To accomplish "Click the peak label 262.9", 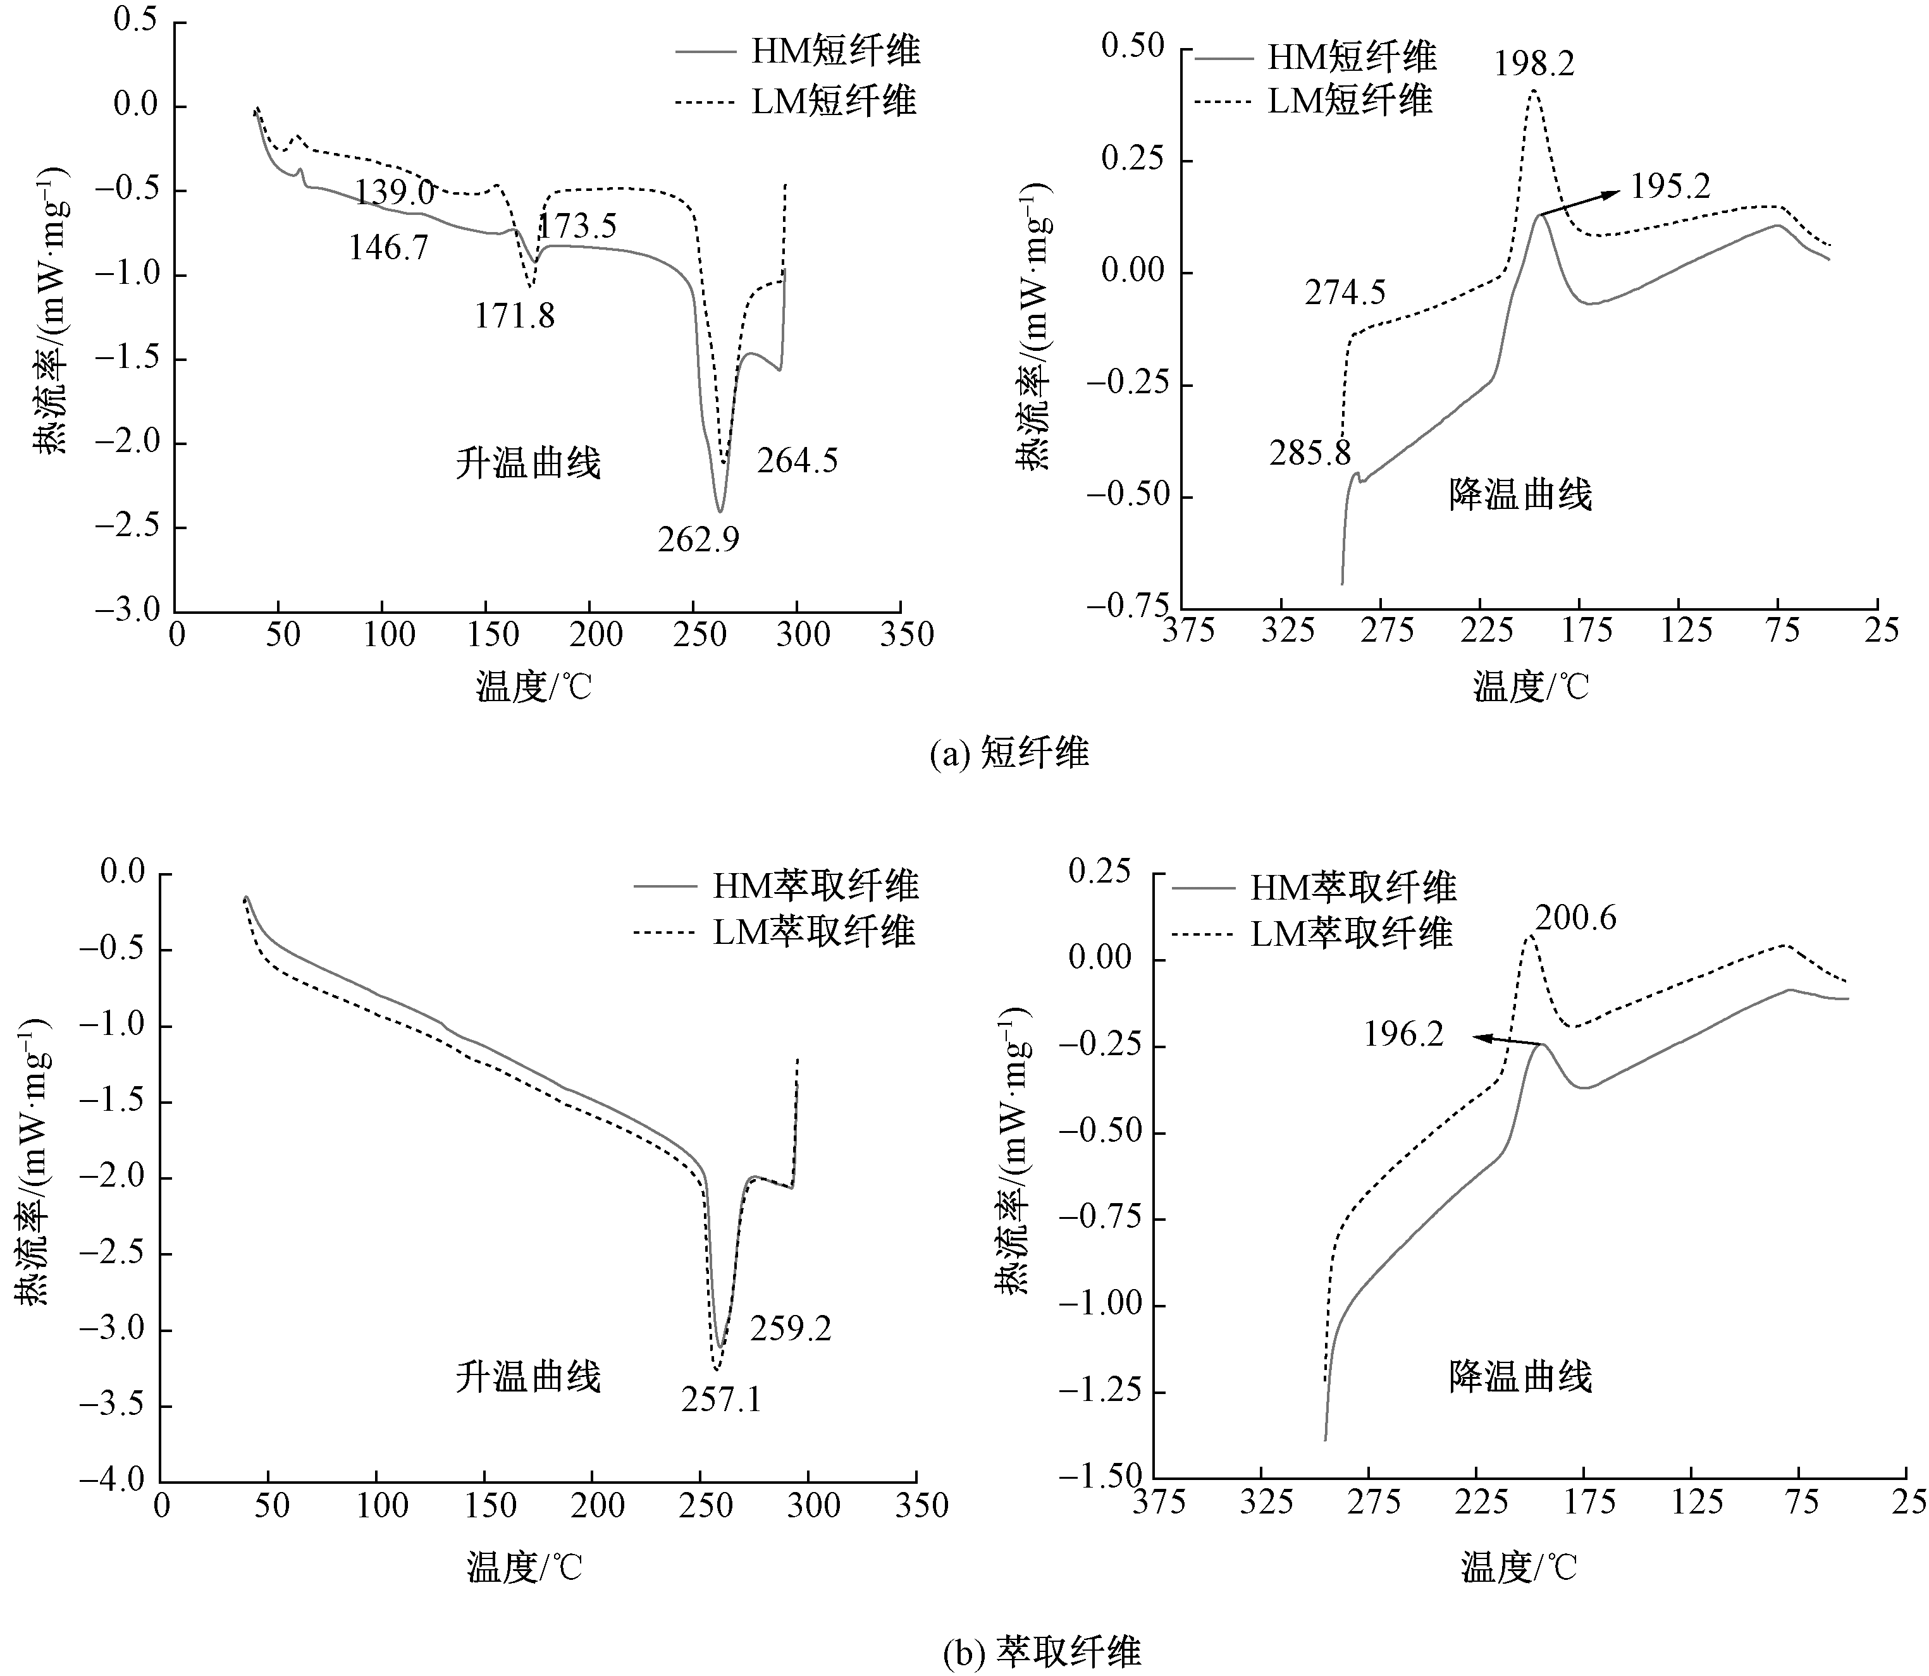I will [698, 540].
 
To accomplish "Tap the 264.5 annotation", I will [797, 461].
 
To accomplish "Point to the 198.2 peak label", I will [1533, 64].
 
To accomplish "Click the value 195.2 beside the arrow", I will [1670, 186].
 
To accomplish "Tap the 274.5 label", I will [1345, 294].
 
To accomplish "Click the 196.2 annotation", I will [1403, 1034].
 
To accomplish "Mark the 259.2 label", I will [791, 1328].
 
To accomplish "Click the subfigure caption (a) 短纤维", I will [1009, 753].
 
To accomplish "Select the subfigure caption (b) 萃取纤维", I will [1041, 1653].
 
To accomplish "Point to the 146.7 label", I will [388, 248].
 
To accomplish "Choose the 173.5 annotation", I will [576, 226].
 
